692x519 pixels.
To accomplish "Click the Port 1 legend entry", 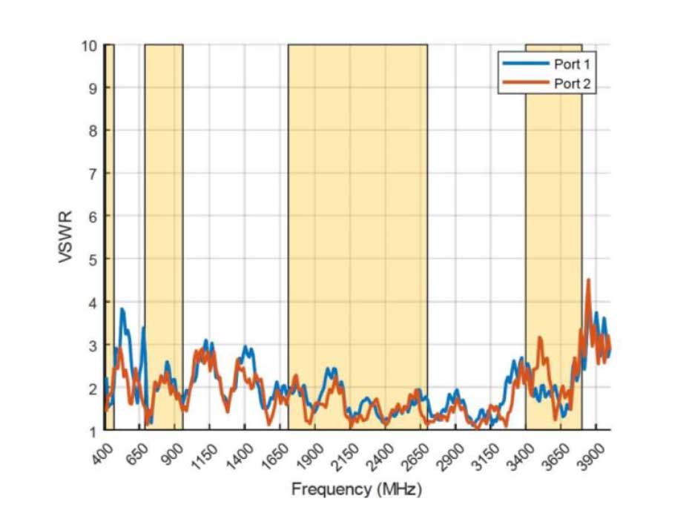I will point(571,64).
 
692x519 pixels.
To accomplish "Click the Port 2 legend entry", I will point(571,82).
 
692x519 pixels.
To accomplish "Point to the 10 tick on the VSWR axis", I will point(90,45).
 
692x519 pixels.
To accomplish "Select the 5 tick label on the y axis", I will point(93,259).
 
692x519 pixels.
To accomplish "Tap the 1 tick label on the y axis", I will point(93,431).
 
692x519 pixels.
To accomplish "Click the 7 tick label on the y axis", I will point(93,173).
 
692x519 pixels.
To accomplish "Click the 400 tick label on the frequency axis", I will point(103,452).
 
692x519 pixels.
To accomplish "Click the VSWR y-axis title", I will point(65,237).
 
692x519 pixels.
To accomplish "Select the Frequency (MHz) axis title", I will point(356,489).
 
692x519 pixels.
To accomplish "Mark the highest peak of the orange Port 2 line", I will point(588,280).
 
